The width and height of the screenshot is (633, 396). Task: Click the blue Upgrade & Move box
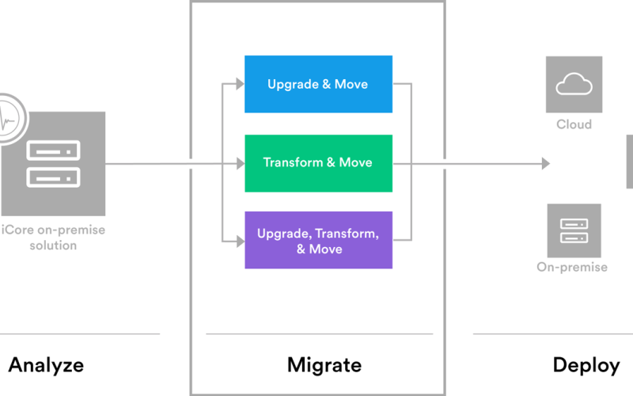[319, 84]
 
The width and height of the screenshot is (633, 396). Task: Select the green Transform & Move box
[319, 163]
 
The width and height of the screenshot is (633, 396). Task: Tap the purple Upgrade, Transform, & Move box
[319, 240]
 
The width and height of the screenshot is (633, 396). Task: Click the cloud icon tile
[574, 85]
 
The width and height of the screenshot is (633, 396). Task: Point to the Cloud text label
[574, 124]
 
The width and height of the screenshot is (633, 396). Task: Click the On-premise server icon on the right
[574, 230]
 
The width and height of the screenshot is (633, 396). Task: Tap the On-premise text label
[572, 267]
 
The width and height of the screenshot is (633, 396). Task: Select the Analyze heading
[46, 365]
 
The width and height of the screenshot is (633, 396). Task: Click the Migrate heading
[324, 365]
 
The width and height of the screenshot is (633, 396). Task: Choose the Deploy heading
[586, 366]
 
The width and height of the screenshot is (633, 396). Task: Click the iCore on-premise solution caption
[53, 238]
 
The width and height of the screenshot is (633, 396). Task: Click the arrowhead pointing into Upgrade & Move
[241, 84]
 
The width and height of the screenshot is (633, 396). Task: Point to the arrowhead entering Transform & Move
[241, 164]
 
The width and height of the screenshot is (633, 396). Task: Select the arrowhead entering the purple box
[241, 242]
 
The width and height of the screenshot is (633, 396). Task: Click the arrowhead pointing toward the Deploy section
[546, 164]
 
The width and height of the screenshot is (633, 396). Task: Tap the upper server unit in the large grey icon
[53, 150]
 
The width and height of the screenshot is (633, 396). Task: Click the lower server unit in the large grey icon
[53, 177]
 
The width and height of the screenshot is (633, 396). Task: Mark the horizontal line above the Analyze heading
[80, 334]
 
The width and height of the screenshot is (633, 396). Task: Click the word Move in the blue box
[351, 84]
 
